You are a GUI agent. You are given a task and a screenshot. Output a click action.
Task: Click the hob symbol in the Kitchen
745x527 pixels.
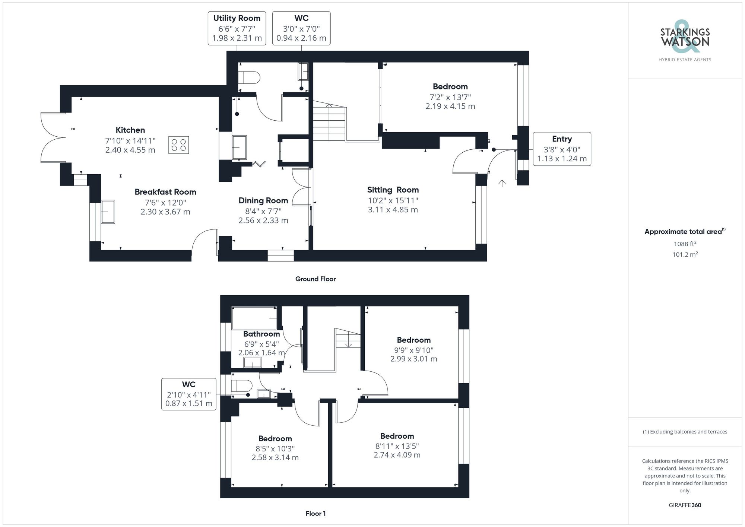click(178, 145)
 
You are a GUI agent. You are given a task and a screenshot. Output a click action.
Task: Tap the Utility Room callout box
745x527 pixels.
click(237, 28)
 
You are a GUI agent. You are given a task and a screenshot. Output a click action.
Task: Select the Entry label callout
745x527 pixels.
click(562, 149)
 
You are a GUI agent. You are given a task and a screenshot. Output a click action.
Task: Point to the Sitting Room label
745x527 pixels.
click(393, 190)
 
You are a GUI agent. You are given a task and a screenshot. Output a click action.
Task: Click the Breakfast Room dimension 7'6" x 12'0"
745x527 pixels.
click(165, 203)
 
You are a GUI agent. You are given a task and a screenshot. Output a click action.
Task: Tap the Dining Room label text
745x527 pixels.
click(263, 201)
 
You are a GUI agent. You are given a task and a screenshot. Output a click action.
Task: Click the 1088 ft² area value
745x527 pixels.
click(685, 244)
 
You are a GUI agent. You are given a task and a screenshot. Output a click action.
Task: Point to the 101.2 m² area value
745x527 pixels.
click(685, 255)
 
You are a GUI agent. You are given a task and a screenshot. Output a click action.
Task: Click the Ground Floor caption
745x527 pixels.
click(316, 279)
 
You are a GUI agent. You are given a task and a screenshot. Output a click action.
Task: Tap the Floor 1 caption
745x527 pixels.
click(316, 514)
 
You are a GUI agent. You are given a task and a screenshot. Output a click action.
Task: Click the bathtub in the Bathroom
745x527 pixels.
click(254, 318)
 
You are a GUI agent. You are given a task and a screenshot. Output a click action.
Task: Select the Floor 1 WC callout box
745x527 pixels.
click(189, 394)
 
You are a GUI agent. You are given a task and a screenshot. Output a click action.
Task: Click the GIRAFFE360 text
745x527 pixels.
click(685, 505)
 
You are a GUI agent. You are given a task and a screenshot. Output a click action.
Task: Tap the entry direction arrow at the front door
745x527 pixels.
click(502, 183)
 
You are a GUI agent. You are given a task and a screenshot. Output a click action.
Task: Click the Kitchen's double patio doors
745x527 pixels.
click(53, 138)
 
